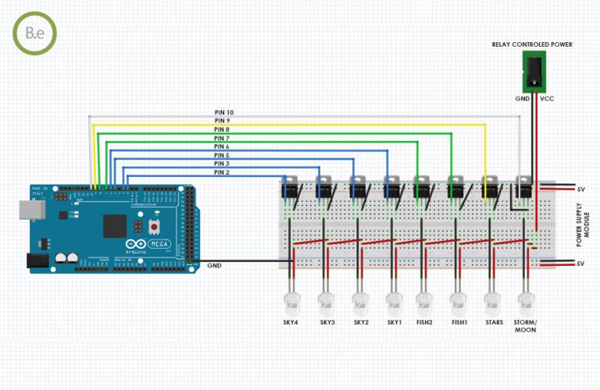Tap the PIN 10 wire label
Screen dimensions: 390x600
[x=223, y=113]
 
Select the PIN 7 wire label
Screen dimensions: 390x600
[x=222, y=138]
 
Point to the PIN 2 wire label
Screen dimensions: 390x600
[x=221, y=172]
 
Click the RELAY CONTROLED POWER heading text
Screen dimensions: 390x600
[x=532, y=45]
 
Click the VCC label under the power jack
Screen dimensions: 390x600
[x=546, y=100]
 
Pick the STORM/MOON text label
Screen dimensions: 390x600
[x=526, y=326]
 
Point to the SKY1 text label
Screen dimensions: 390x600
[x=394, y=322]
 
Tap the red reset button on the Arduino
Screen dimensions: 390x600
[x=154, y=226]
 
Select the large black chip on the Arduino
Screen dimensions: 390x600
[x=114, y=226]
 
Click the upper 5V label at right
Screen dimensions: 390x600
[x=580, y=190]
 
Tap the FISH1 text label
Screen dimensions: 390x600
[x=459, y=322]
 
